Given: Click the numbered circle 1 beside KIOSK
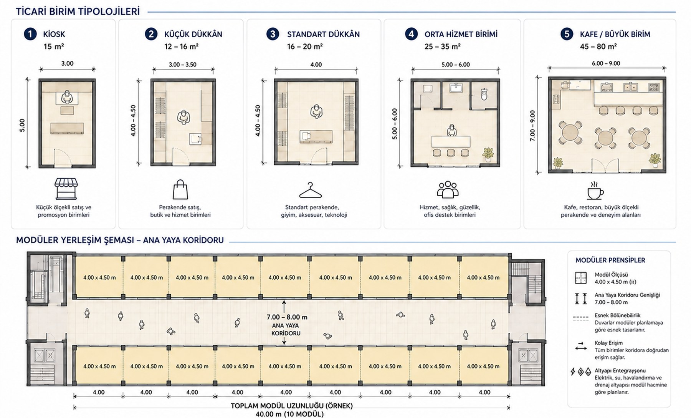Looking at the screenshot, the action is pos(30,34).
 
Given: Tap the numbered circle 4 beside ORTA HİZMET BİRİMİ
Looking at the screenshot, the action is pos(411,34).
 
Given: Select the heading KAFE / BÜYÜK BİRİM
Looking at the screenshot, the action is pos(615,34).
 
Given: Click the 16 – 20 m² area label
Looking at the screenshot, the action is pos(305,46).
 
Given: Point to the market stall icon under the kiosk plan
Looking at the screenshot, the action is pos(66,189).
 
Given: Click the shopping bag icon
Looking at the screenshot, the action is pos(180,189).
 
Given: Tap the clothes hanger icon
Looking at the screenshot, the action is pos(310,190).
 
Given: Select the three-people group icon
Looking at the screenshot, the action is pos(448,189).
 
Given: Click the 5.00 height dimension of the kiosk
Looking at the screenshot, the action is pos(22,125).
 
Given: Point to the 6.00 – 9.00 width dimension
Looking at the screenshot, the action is pos(606,63).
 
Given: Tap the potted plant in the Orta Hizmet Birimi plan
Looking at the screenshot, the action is pos(488,154).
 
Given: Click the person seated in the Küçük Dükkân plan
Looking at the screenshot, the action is pos(184,117).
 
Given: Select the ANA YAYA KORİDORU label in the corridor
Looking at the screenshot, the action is pos(286,329).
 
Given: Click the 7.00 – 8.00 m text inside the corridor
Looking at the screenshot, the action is pos(287,317).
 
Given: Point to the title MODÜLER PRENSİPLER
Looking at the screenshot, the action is pos(610,260).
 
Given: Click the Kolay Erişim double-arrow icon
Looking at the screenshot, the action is pos(580,346).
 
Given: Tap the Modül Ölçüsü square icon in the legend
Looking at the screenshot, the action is pos(581,278).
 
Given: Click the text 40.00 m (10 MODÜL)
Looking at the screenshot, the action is pos(289,414).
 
